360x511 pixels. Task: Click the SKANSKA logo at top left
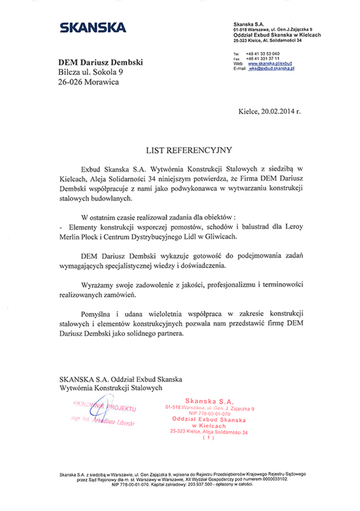[93, 27]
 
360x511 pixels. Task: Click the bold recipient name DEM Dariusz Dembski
[97, 62]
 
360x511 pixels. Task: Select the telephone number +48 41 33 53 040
[263, 54]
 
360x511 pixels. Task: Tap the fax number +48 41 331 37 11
[263, 59]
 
